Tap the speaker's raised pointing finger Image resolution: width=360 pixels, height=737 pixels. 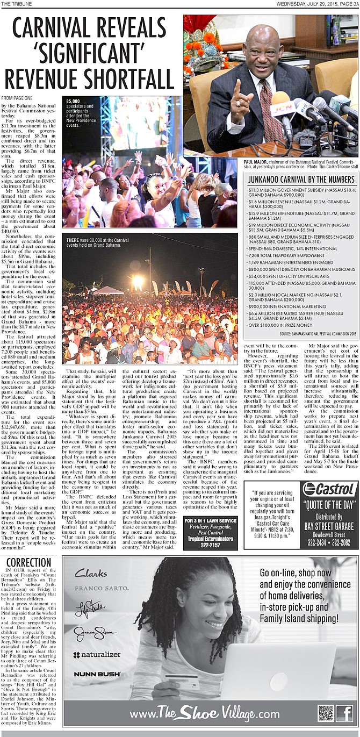[235, 87]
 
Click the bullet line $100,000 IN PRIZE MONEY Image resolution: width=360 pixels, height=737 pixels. [280, 325]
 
